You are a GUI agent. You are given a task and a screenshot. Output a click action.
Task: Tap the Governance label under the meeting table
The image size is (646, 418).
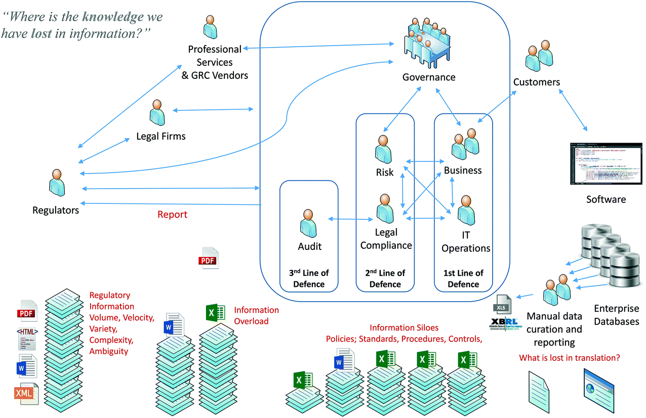pyautogui.click(x=429, y=77)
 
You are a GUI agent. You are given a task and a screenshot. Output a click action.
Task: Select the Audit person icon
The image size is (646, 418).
pyautogui.click(x=309, y=223)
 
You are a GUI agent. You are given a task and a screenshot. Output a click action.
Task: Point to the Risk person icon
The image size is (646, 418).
pyautogui.click(x=384, y=149)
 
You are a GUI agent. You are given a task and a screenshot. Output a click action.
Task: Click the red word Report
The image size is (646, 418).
pyautogui.click(x=172, y=215)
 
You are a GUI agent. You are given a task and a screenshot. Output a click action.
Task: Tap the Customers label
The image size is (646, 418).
pyautogui.click(x=537, y=82)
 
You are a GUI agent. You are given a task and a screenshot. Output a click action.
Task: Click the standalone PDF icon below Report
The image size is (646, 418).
pyautogui.click(x=208, y=259)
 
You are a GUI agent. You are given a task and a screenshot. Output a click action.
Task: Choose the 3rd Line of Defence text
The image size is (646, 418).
pyautogui.click(x=309, y=278)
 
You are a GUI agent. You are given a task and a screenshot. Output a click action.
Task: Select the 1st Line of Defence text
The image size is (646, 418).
pyautogui.click(x=463, y=278)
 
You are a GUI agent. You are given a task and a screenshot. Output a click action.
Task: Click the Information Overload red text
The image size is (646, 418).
pyautogui.click(x=256, y=315)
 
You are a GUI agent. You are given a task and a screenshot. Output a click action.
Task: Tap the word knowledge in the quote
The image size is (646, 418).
pyautogui.click(x=113, y=16)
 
